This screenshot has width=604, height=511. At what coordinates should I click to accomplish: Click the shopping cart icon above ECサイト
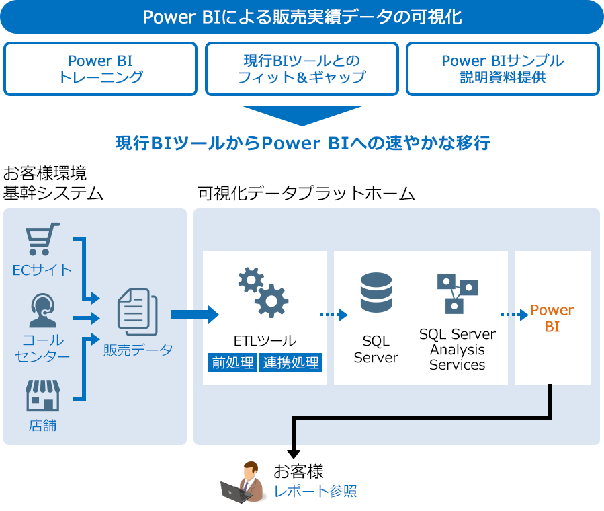coord(42,240)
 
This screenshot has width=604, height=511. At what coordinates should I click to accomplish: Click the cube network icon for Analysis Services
coord(457,293)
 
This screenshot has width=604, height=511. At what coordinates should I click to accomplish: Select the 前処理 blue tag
coord(232,363)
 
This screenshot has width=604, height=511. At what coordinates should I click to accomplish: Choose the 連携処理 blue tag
coord(292,363)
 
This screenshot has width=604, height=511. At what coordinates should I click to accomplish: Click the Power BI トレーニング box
coord(101,69)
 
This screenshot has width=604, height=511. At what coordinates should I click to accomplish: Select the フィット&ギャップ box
coord(302,69)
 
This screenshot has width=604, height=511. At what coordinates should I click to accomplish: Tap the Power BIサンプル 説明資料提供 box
coord(503,69)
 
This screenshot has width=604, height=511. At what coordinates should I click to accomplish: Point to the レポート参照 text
coord(315,492)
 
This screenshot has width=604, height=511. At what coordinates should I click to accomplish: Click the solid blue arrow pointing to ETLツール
coord(195,314)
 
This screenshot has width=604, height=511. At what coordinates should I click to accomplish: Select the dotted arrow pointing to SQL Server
coord(334,314)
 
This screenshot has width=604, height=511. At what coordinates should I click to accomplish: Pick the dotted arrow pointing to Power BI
coord(515,314)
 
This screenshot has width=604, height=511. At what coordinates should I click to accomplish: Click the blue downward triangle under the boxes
coord(302,115)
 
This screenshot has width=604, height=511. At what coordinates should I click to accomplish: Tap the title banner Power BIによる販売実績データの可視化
coord(302,17)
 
